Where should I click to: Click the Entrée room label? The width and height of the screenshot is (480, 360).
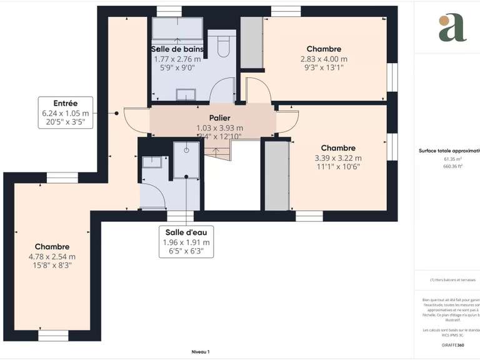tap(65, 103)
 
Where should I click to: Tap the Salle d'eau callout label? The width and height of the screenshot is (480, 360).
tap(186, 232)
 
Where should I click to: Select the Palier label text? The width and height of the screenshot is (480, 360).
tap(219, 117)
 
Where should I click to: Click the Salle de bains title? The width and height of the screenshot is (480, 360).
tap(177, 49)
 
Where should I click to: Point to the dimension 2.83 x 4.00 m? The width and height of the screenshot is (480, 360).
tap(324, 59)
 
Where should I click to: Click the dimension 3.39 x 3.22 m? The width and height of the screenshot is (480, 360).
tap(339, 158)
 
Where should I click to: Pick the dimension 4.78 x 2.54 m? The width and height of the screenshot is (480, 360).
tap(52, 256)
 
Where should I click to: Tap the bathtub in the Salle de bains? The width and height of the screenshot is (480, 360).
tap(177, 29)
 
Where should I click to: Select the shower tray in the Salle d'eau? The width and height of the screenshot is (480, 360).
tap(186, 159)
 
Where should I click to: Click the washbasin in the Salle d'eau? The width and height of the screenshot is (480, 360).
tap(152, 162)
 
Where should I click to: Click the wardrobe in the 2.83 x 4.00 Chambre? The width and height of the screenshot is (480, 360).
tap(252, 42)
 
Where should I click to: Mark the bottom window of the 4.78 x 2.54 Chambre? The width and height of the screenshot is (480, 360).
tap(53, 336)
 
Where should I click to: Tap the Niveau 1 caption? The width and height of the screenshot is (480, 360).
tap(200, 352)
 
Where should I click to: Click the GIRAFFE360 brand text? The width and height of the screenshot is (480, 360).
tap(453, 345)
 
